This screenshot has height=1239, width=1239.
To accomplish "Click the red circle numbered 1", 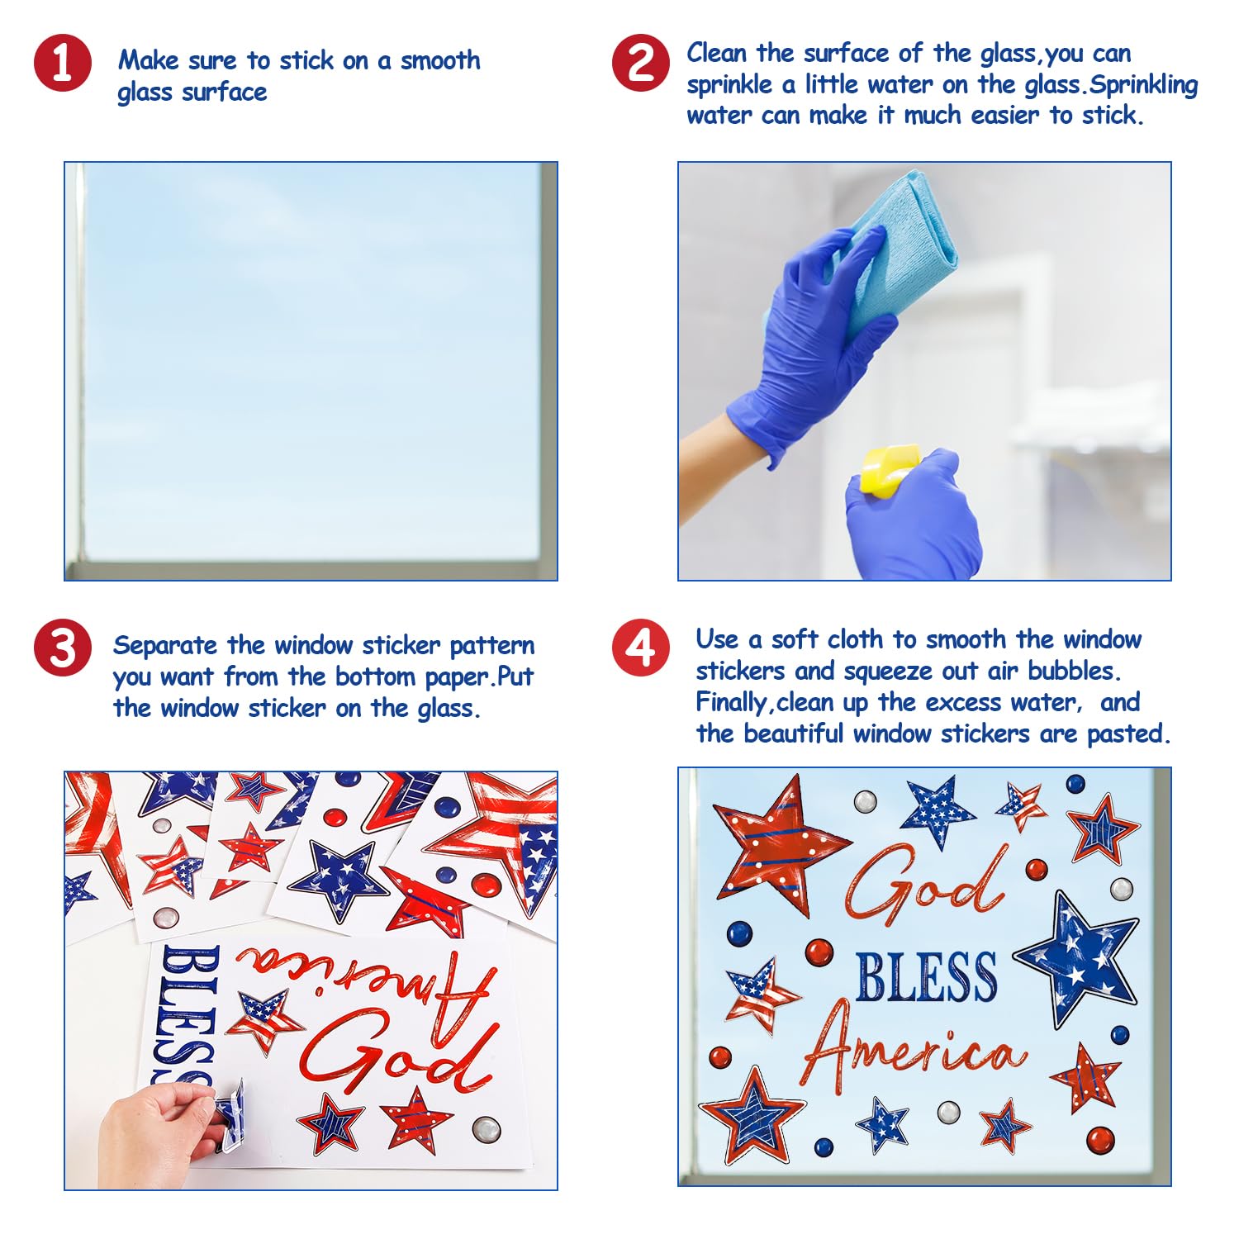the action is point(63,63).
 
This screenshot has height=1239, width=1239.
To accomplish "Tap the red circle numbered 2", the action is point(641,63).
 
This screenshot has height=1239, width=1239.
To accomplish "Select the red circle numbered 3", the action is point(63,648).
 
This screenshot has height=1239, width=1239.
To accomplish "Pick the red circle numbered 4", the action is point(641,648).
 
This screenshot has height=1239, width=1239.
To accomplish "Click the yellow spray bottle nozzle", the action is point(890,469).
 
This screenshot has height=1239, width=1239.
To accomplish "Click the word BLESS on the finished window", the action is point(926,976).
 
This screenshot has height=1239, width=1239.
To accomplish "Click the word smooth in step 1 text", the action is point(440,60).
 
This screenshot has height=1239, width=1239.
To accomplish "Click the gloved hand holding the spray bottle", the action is point(914,515).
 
